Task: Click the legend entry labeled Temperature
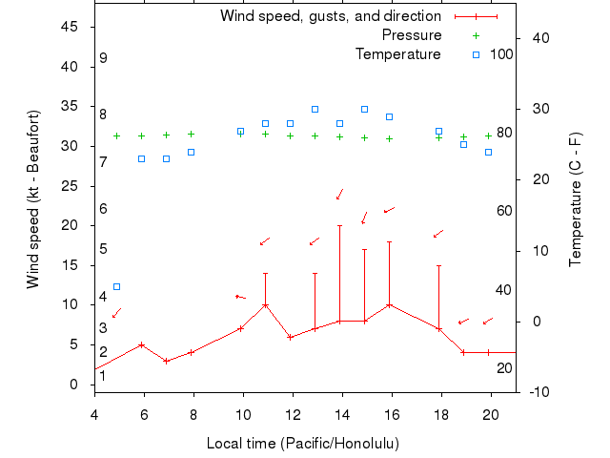tap(397, 54)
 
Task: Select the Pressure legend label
tap(412, 35)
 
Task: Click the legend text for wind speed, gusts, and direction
tap(330, 16)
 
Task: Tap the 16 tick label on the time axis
tap(391, 412)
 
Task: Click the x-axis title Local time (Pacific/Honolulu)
tap(303, 444)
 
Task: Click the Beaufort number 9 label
tap(103, 59)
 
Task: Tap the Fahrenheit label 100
tap(501, 54)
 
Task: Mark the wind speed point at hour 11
tap(265, 305)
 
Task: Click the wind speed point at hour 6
tap(141, 344)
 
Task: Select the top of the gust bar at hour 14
tap(339, 225)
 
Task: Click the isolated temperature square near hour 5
tap(116, 286)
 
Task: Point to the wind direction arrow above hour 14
tap(339, 195)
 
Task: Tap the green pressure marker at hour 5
tap(116, 135)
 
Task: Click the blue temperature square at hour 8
tap(191, 152)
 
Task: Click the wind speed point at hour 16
tap(389, 305)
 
